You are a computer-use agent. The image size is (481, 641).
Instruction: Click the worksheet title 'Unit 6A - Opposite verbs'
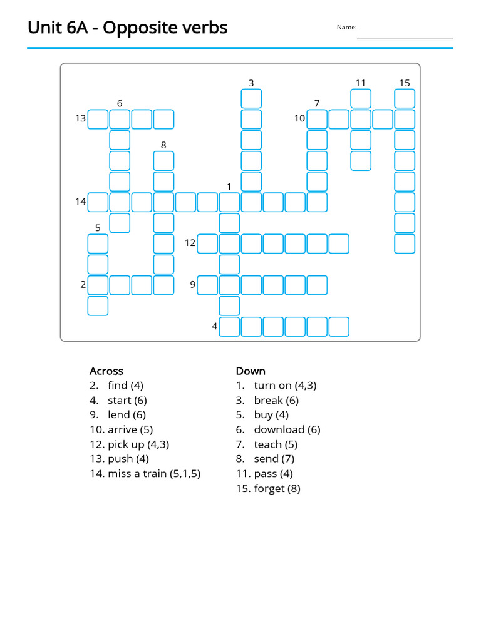tap(127, 28)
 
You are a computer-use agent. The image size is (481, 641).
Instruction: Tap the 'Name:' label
tap(346, 27)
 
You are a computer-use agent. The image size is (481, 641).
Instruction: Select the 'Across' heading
tap(106, 371)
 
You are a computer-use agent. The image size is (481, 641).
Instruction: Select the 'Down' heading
tap(251, 371)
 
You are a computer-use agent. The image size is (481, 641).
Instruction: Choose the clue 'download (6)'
tap(278, 429)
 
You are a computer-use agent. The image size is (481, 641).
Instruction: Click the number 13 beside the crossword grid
tap(80, 118)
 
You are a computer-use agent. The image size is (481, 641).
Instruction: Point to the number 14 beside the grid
tap(80, 202)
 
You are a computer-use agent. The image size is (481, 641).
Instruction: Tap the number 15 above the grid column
tap(405, 83)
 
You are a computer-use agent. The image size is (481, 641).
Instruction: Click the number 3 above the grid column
tap(251, 83)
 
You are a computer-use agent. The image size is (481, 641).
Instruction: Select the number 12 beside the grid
tap(190, 243)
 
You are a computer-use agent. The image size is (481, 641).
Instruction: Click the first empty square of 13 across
tap(98, 119)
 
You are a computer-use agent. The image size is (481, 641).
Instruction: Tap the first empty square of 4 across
tap(230, 327)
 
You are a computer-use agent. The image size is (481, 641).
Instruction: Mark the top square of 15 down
tap(405, 98)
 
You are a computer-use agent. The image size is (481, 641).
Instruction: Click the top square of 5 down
tap(98, 244)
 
